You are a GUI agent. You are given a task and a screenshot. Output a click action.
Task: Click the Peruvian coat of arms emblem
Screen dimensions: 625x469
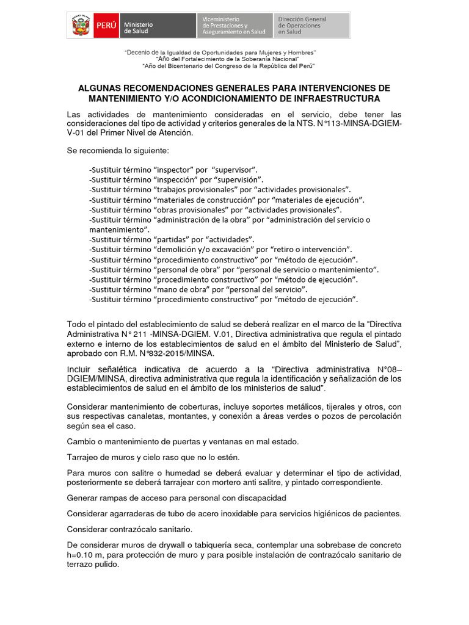[x=81, y=26]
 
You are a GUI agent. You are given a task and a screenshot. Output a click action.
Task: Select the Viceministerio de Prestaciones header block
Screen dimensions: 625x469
[x=234, y=26]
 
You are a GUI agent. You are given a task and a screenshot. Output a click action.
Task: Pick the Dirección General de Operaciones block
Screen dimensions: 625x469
[x=311, y=26]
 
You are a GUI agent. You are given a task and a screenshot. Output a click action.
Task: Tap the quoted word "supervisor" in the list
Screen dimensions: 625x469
[x=234, y=169]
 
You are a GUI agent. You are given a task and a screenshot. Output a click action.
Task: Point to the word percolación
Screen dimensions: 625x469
[x=376, y=416]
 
